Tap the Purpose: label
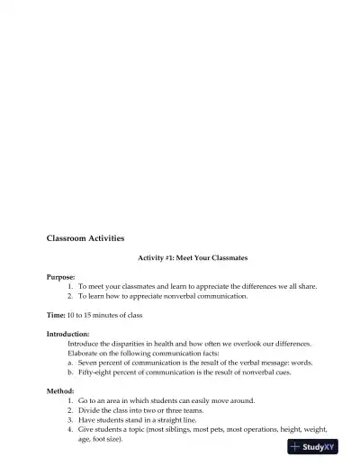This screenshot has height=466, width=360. tap(61, 277)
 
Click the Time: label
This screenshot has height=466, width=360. tap(56, 315)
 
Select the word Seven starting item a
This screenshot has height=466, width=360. tap(88, 363)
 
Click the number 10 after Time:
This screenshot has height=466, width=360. tap(71, 315)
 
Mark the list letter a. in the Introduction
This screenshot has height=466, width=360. tap(71, 363)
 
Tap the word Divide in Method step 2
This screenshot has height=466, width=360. tap(88, 409)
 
